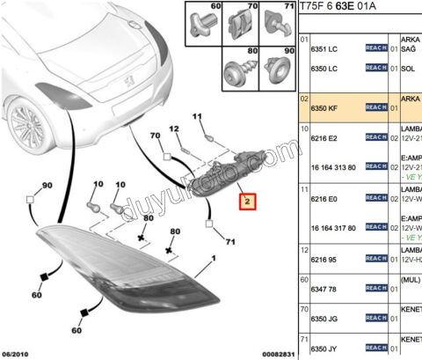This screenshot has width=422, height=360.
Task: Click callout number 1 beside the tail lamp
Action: [x=211, y=261]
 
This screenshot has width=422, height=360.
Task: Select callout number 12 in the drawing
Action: [x=174, y=129]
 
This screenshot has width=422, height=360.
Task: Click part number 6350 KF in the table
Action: [x=327, y=107]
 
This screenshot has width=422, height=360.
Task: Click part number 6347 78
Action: [x=326, y=287]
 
